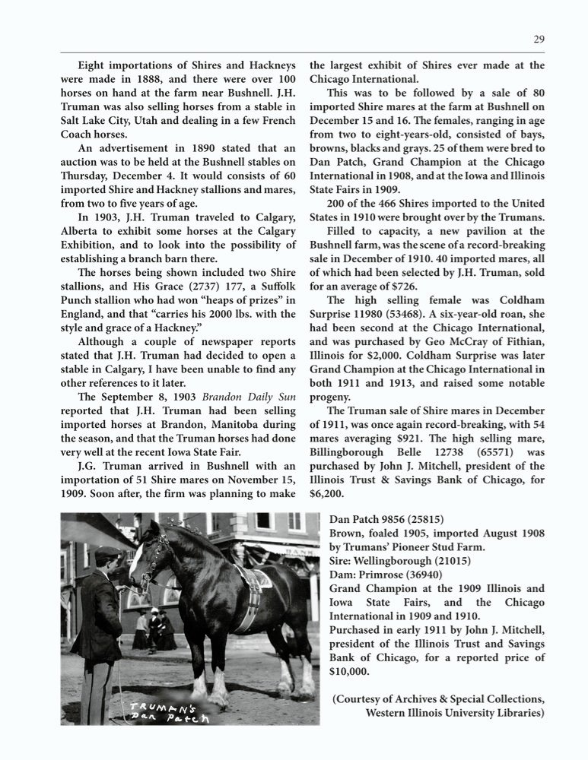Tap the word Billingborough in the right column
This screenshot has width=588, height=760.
358,451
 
